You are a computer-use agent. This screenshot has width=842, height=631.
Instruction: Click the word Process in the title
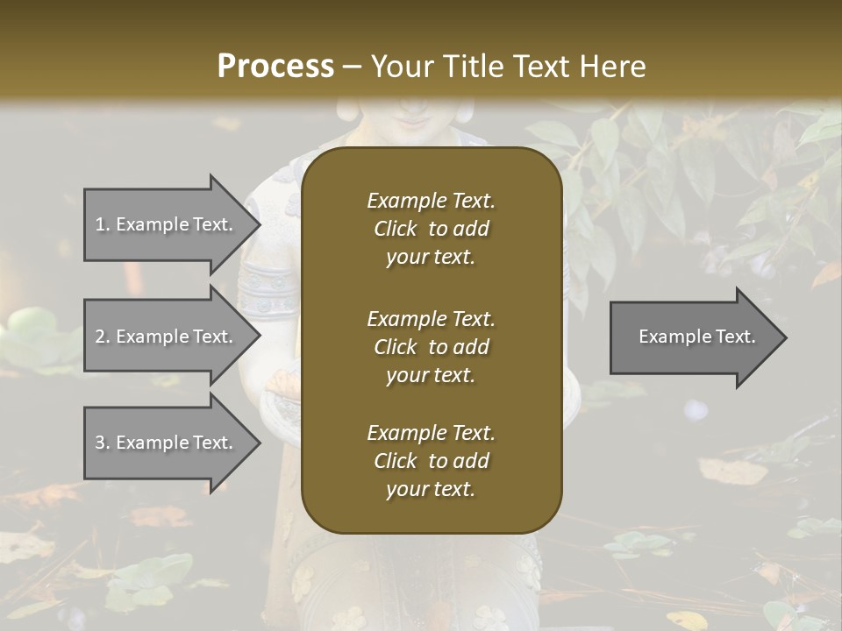click(275, 67)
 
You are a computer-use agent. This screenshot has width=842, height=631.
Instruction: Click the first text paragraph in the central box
click(431, 229)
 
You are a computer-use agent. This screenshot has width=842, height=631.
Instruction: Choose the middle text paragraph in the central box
click(431, 346)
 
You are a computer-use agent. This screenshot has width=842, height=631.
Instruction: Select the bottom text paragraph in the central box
click(431, 461)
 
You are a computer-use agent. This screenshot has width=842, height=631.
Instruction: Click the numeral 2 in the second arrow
click(100, 337)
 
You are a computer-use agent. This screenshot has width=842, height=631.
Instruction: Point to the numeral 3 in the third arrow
click(100, 443)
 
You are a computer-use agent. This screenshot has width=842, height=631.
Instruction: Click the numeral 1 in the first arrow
click(99, 224)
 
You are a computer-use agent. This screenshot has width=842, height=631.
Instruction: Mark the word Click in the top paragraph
click(396, 229)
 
